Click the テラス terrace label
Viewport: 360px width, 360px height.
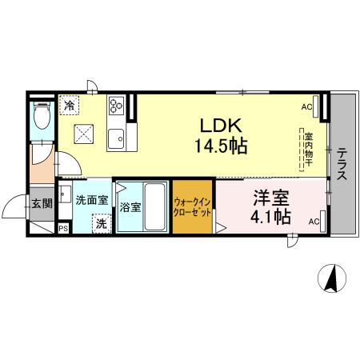(x=342, y=164)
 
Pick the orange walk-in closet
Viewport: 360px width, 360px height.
(x=193, y=207)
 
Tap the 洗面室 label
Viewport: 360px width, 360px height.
(x=91, y=201)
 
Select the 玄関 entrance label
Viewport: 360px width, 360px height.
(x=42, y=204)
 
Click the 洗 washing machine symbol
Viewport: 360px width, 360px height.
(x=101, y=225)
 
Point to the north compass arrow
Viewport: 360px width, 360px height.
(x=329, y=279)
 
